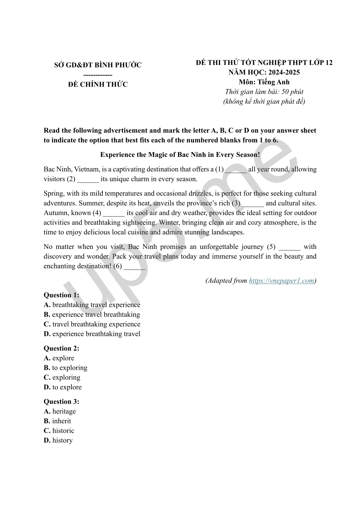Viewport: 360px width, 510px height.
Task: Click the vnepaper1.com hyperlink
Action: [281, 281]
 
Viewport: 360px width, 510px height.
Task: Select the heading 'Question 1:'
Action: [61, 295]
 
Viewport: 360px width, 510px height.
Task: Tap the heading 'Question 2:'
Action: [61, 348]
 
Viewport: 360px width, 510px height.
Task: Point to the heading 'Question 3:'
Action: [61, 402]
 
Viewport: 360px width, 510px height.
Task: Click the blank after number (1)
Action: [236, 170]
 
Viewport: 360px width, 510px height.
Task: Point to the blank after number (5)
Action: [289, 247]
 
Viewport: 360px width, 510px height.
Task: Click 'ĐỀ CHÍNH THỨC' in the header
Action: [98, 84]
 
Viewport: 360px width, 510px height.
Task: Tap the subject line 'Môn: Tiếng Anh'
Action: [264, 82]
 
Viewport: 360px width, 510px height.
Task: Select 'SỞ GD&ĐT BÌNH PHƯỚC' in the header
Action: [98, 65]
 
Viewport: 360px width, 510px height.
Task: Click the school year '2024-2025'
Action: [284, 72]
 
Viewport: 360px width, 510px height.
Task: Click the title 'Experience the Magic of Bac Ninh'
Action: [180, 155]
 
